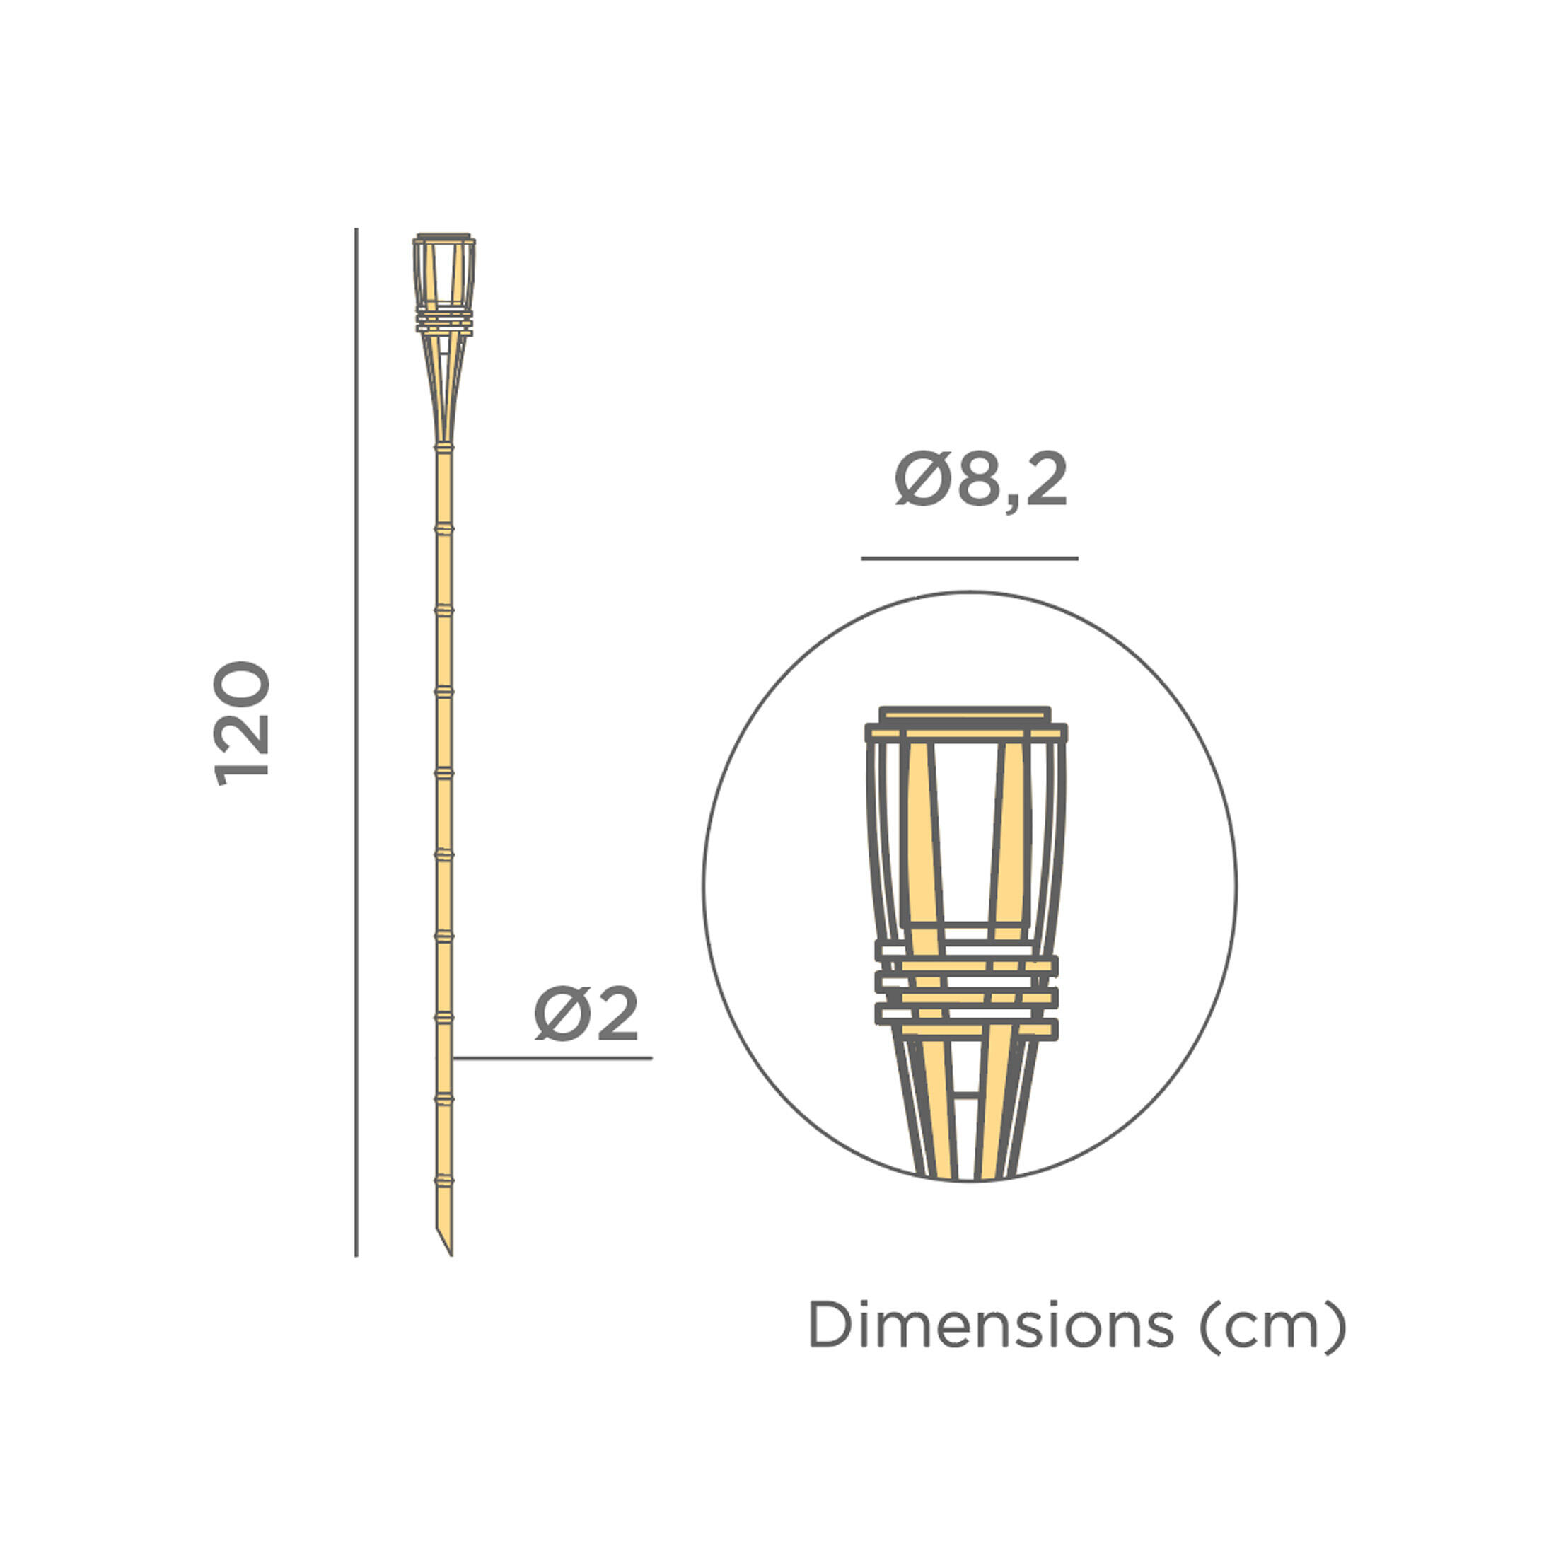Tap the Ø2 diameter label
click(586, 1014)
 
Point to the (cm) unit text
click(1272, 1325)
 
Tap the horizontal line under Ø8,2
click(969, 558)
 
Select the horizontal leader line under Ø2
click(552, 1057)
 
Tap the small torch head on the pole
click(443, 282)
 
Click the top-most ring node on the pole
click(443, 446)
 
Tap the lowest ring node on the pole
click(443, 1180)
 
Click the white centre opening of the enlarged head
click(966, 830)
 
